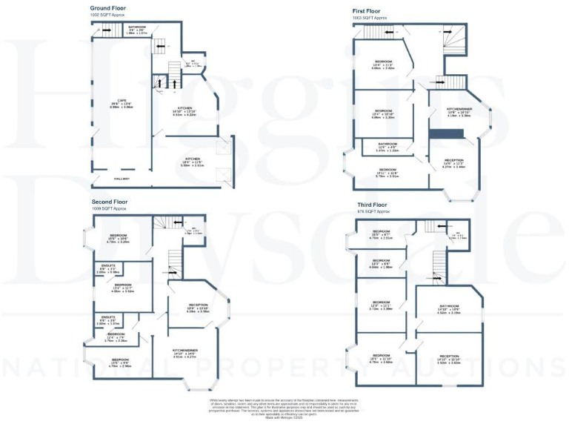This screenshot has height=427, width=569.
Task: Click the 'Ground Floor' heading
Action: [x=108, y=8]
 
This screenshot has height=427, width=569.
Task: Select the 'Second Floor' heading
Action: [x=110, y=202]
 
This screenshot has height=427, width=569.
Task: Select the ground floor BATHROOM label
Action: [x=137, y=27]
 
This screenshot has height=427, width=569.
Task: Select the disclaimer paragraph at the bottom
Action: [x=285, y=408]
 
